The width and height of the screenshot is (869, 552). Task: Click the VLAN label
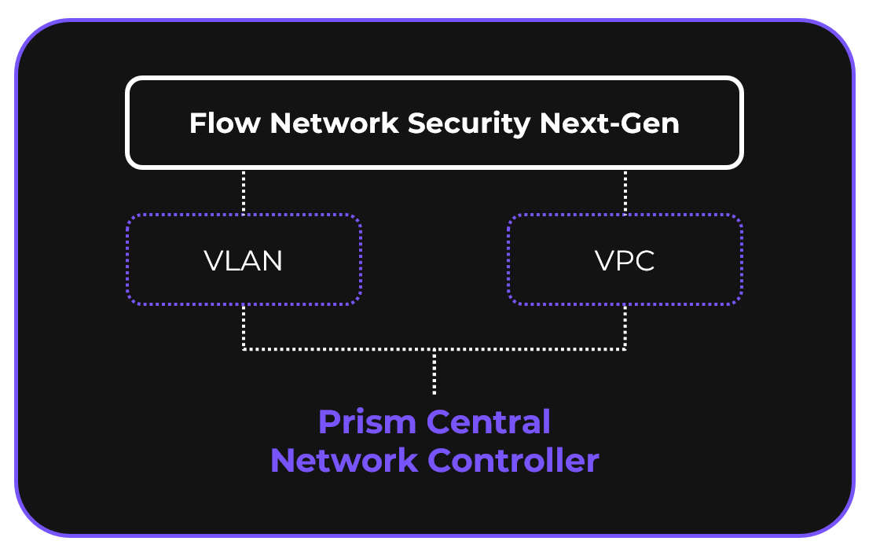click(243, 260)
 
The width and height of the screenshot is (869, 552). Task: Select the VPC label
click(625, 260)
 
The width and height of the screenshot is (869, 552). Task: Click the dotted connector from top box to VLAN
click(244, 191)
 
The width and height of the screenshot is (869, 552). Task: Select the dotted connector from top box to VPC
click(625, 191)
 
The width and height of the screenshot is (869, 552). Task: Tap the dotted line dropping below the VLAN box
click(244, 326)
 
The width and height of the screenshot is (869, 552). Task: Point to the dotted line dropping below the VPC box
click(625, 326)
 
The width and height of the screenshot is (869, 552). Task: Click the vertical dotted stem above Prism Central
click(434, 371)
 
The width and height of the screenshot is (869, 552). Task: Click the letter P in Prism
click(328, 423)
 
